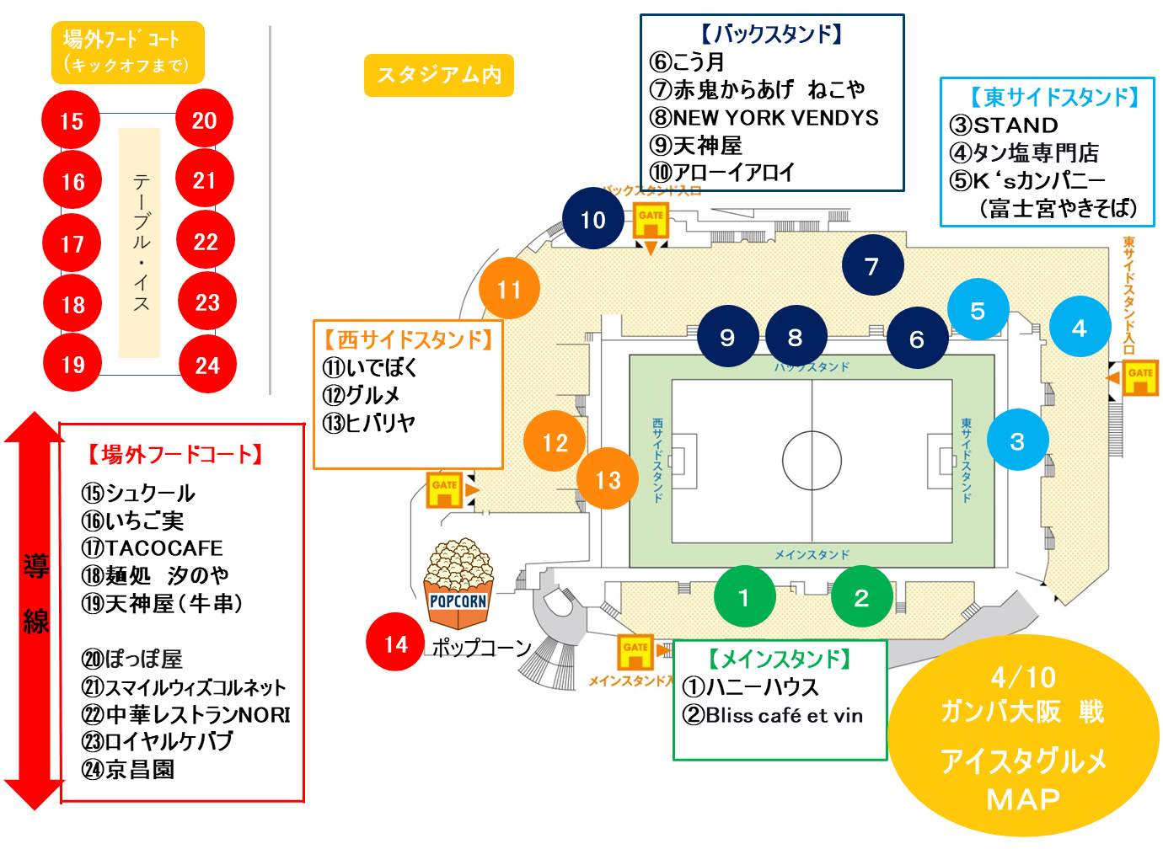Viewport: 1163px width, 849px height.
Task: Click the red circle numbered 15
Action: (72, 120)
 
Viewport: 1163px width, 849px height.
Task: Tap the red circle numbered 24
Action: (207, 365)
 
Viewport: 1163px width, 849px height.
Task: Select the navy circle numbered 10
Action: (593, 220)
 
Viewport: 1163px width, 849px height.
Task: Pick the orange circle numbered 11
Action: (509, 290)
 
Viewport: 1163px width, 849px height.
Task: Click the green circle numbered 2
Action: (860, 597)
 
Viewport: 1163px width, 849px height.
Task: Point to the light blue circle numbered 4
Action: (1080, 328)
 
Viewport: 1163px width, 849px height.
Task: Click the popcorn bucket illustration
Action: (458, 584)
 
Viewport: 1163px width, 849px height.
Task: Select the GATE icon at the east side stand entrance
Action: (1139, 376)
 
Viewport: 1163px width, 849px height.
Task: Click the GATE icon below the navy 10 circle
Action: (651, 220)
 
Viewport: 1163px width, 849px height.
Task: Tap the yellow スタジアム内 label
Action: (439, 76)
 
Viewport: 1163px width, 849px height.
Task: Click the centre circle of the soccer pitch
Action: (812, 461)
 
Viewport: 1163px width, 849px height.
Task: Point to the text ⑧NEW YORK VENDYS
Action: (764, 118)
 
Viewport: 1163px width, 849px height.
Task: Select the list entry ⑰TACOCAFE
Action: (153, 548)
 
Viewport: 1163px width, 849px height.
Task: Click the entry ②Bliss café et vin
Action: (773, 716)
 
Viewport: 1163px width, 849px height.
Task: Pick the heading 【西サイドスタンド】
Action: (409, 339)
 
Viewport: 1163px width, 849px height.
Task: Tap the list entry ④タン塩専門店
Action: (1024, 153)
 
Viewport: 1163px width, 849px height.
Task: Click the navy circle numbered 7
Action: (872, 266)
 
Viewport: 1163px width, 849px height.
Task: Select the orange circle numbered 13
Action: (608, 480)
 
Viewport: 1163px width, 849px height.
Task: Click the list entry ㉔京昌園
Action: (128, 769)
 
